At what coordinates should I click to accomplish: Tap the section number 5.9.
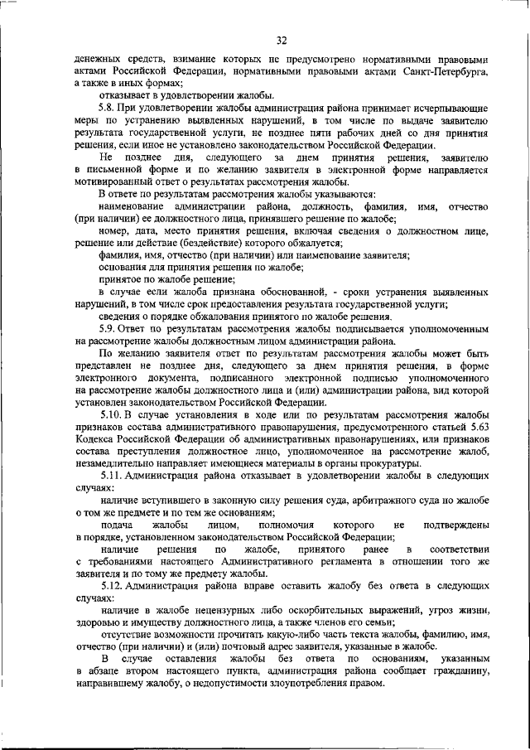click(107, 329)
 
